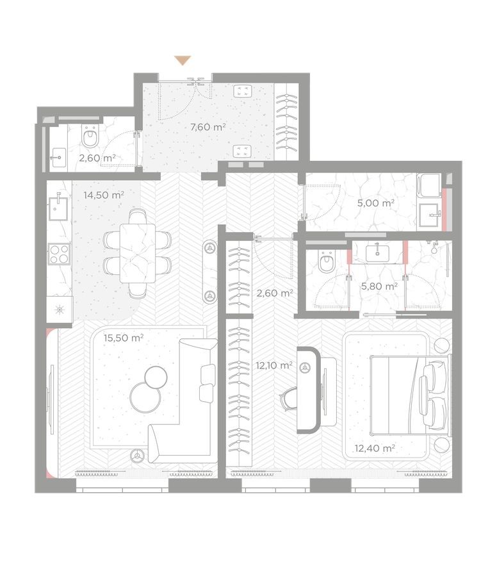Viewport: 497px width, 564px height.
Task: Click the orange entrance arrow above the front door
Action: [183, 60]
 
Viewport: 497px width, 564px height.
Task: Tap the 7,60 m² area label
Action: [208, 127]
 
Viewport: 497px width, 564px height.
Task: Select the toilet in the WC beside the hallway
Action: [90, 137]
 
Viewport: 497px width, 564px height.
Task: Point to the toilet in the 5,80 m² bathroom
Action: [326, 262]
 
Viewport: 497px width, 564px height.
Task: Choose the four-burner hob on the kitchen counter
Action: [59, 255]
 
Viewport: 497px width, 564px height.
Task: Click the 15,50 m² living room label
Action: [124, 338]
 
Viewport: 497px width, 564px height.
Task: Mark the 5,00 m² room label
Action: [374, 203]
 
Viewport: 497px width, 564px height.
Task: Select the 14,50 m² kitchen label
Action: [104, 194]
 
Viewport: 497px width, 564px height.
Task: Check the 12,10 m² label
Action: [274, 365]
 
